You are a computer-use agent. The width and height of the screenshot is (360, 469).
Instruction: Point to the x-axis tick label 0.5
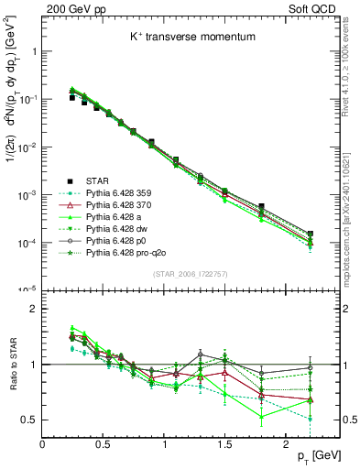(103, 442)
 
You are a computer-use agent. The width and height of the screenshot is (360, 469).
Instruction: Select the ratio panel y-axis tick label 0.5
(29, 420)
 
